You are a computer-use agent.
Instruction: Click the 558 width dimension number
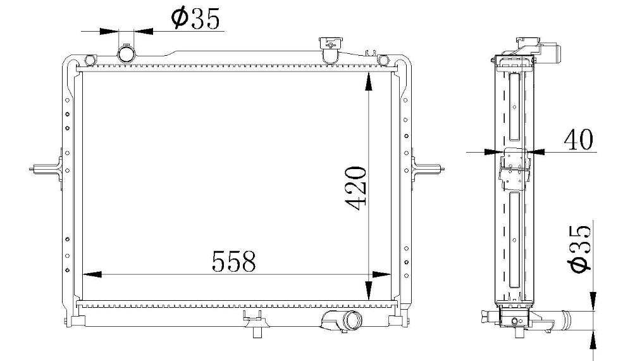tap(233, 261)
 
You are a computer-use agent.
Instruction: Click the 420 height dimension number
tap(355, 188)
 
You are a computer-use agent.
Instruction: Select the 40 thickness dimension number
tap(578, 139)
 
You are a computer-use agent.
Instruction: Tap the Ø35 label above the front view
tap(195, 18)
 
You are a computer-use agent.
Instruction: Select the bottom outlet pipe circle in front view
tap(352, 321)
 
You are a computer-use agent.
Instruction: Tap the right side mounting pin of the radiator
tap(428, 168)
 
